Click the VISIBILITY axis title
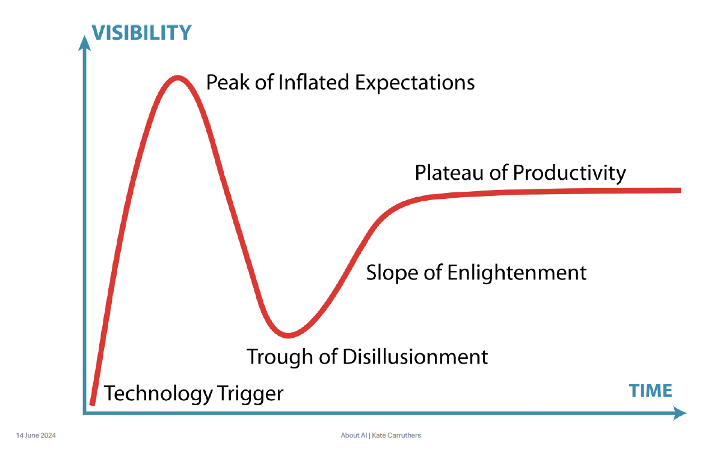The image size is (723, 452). [141, 32]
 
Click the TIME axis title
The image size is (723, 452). [650, 391]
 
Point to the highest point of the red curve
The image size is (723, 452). [177, 78]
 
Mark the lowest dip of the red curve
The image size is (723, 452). [289, 334]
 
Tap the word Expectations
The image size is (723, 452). [414, 82]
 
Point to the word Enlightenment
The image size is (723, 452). [517, 272]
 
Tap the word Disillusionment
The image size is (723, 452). [415, 356]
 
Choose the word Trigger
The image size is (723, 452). [250, 394]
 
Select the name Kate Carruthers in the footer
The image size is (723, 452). [398, 435]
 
